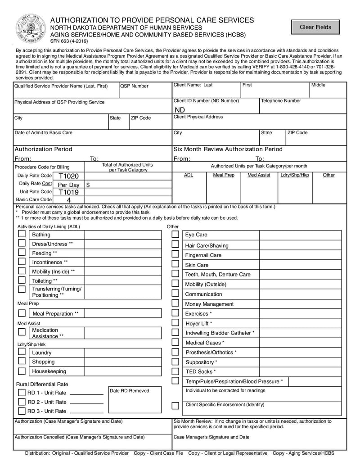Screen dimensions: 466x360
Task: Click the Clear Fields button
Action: pyautogui.click(x=315, y=27)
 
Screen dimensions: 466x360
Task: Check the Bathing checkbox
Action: pyautogui.click(x=22, y=234)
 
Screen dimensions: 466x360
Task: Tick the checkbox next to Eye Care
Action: pyautogui.click(x=175, y=234)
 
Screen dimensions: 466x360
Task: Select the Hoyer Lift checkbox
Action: pyautogui.click(x=175, y=323)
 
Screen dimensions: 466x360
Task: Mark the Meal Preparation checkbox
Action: pyautogui.click(x=22, y=313)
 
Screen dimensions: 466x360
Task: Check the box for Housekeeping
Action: pyautogui.click(x=22, y=371)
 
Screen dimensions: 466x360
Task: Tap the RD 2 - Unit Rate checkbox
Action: pyautogui.click(x=22, y=402)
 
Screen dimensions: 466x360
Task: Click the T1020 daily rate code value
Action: pyautogui.click(x=68, y=176)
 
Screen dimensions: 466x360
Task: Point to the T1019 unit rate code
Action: pyautogui.click(x=68, y=192)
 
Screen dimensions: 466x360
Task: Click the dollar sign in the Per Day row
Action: pyautogui.click(x=88, y=185)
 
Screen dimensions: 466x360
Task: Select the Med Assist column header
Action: pyautogui.click(x=259, y=175)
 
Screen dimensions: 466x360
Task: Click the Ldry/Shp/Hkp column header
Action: pyautogui.click(x=295, y=175)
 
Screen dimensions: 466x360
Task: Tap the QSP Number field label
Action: pyautogui.click(x=134, y=86)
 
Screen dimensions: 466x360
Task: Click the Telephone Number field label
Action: pyautogui.click(x=281, y=101)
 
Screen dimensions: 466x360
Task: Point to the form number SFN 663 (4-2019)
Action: pyautogui.click(x=68, y=41)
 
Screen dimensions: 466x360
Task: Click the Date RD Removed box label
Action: pyautogui.click(x=129, y=390)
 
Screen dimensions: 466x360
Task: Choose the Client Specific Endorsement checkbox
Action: pyautogui.click(x=175, y=405)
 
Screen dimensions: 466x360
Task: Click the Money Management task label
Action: pyautogui.click(x=209, y=304)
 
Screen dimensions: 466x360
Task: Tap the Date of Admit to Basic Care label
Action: pyautogui.click(x=43, y=133)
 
